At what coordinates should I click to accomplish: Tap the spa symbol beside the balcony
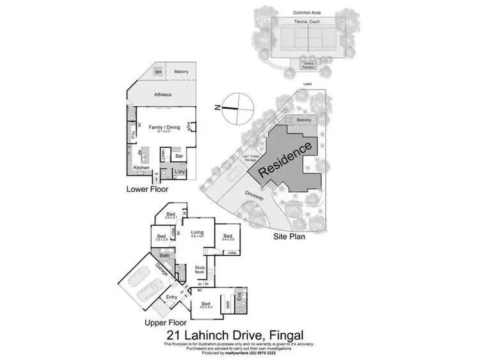pos(157,72)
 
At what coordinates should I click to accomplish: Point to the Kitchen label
pos(141,168)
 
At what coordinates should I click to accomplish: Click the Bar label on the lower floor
pos(180,155)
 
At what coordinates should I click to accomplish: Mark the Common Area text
pos(306,12)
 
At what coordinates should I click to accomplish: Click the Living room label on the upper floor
pos(196,233)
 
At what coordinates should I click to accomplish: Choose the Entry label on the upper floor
pos(172,297)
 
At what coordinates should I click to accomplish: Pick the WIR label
pos(228,305)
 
